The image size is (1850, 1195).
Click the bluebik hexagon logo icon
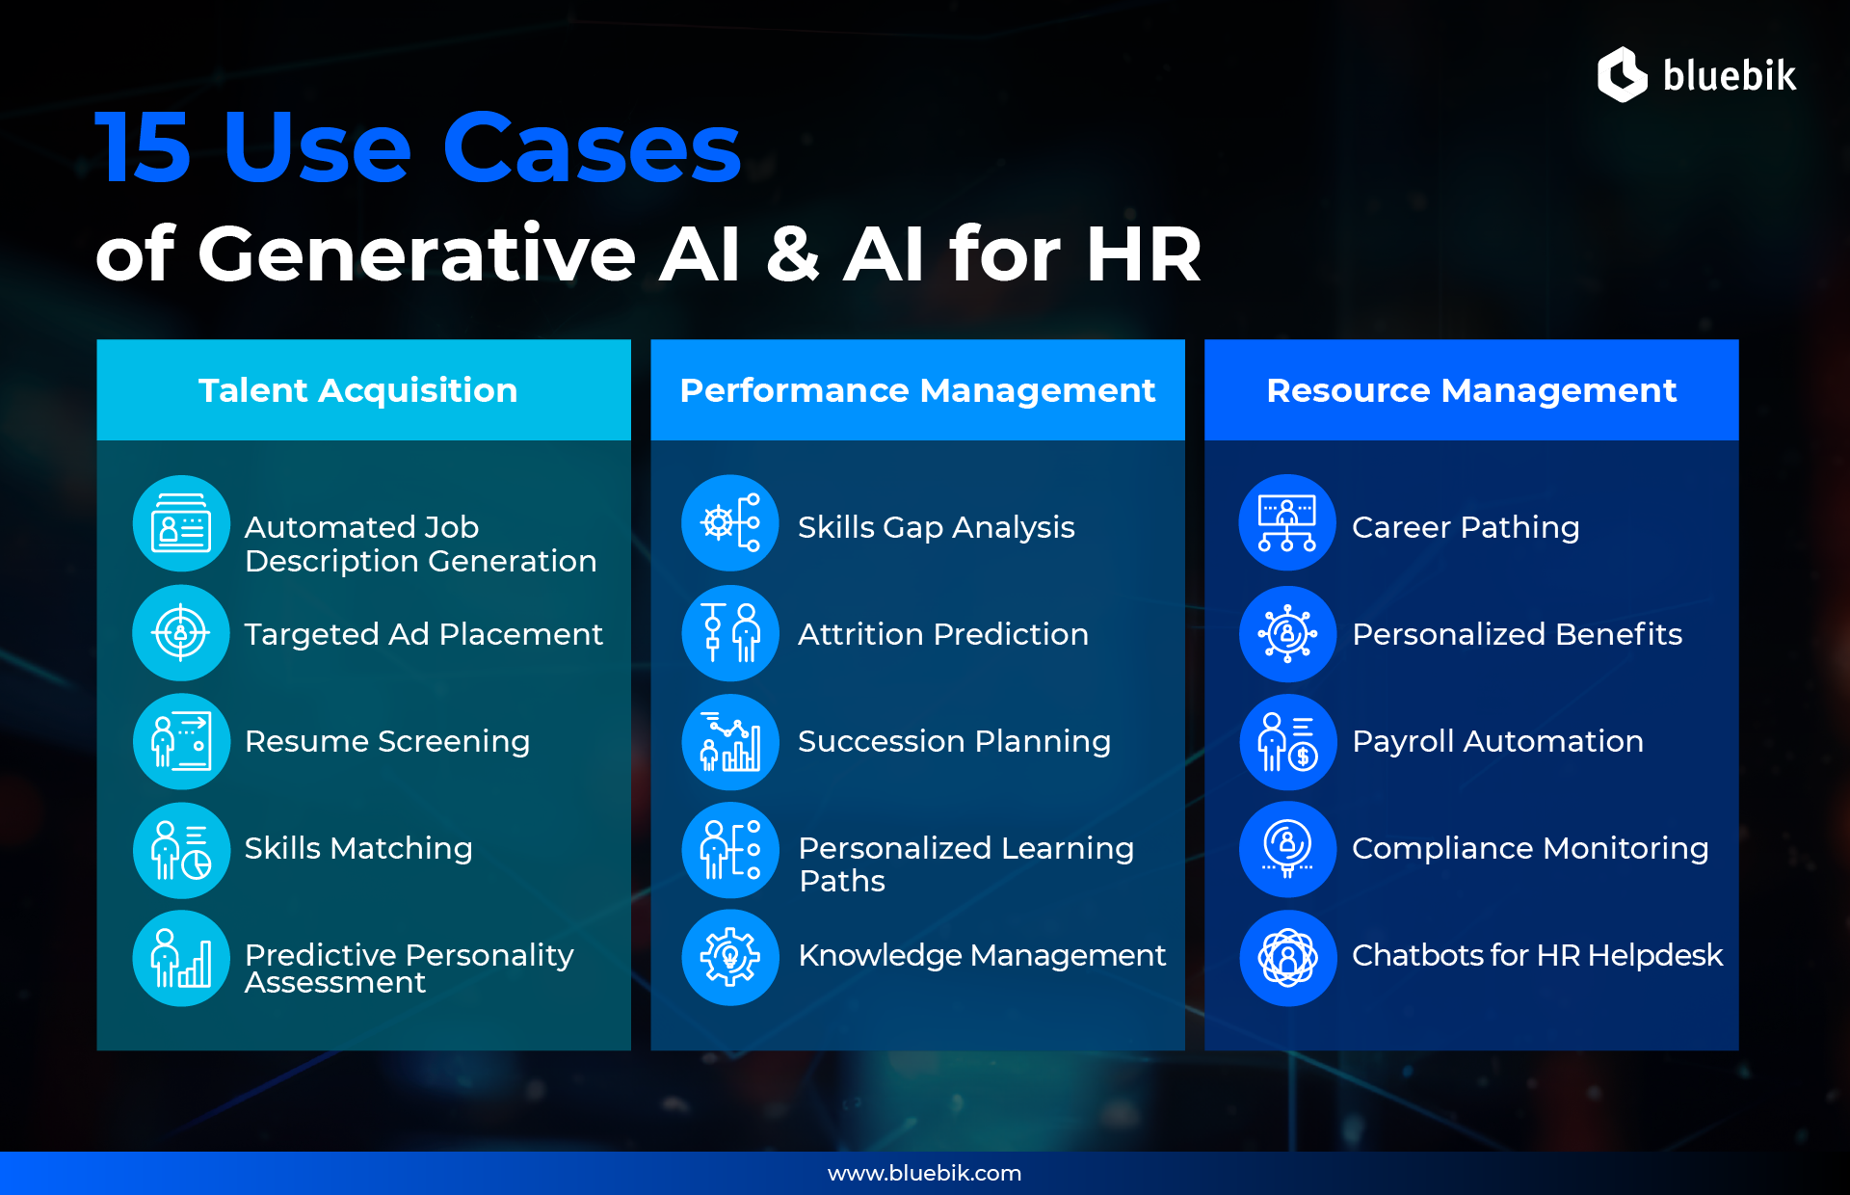coord(1623,74)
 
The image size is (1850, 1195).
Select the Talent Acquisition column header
coord(358,390)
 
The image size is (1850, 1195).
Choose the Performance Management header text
coord(917,390)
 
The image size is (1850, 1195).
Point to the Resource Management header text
coord(1471,390)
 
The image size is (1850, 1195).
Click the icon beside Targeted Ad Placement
coord(181,633)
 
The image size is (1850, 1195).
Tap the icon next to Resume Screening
coord(181,741)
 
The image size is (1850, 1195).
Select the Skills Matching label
coord(358,848)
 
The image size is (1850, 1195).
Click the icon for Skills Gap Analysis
coord(730,523)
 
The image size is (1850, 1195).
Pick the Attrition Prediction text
coord(943,634)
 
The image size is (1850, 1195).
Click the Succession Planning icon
coord(730,741)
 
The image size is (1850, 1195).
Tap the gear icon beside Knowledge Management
coord(730,957)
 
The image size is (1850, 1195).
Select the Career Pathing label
coord(1466,527)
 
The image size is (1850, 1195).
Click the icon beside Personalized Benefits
coord(1287,633)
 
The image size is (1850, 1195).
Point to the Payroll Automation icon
coord(1287,741)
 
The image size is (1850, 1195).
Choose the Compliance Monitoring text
coord(1530,848)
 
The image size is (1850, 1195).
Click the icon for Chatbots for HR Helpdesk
coord(1287,957)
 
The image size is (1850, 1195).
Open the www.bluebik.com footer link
coord(925,1173)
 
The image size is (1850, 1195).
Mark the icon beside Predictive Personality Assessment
coord(181,957)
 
